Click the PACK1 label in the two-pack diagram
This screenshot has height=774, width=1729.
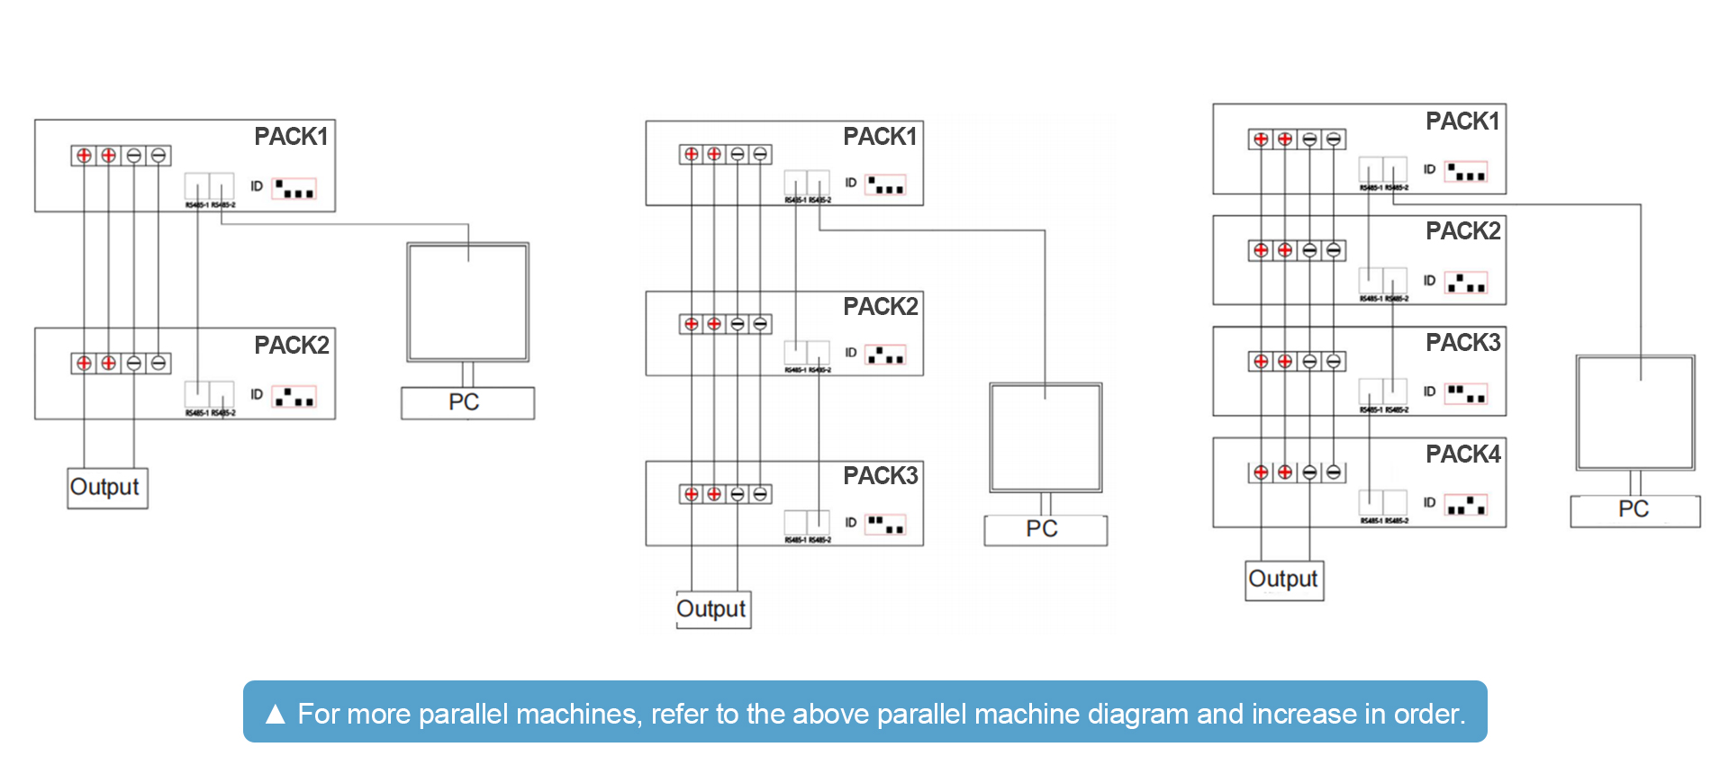[291, 137]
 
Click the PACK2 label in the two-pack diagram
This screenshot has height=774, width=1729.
[291, 346]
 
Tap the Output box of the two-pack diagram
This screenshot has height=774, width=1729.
[106, 488]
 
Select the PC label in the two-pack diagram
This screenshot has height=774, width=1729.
[465, 402]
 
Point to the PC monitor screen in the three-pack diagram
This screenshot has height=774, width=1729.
[1046, 437]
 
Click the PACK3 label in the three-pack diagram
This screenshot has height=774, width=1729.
[880, 476]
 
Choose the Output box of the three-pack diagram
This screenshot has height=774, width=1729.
[712, 609]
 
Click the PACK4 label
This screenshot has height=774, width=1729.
[1462, 454]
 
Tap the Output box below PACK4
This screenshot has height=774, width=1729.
[1283, 580]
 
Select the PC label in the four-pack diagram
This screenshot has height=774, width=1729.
[1634, 510]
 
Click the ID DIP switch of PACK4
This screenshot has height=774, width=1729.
[1466, 505]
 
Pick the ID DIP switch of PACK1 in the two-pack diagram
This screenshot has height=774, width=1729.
[294, 189]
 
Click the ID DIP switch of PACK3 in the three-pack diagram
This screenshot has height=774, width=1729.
[885, 524]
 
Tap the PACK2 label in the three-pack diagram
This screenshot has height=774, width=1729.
[880, 307]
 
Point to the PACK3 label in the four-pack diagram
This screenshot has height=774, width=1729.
[1462, 343]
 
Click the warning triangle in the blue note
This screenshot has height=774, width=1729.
[276, 715]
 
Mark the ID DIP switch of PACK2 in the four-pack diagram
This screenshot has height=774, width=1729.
[1466, 283]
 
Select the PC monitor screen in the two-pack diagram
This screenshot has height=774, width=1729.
[468, 301]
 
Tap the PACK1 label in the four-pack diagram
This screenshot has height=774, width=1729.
[1462, 121]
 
